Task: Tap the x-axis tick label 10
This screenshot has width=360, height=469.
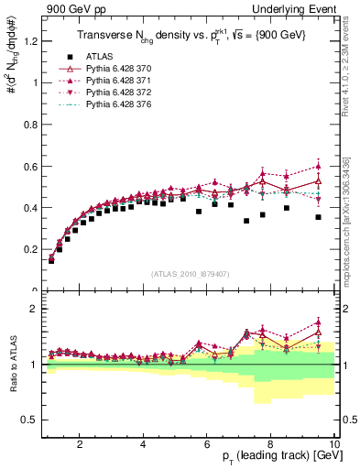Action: pyautogui.click(x=333, y=443)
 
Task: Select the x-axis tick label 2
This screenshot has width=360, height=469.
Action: pyautogui.click(x=80, y=443)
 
